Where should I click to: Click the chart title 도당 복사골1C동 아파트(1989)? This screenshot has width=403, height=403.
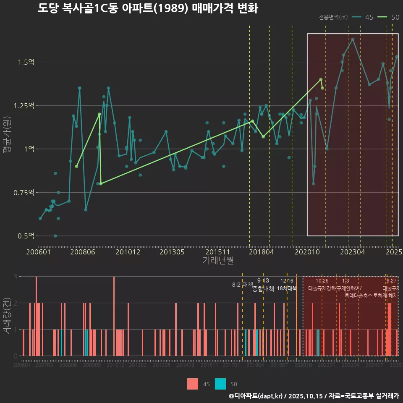(x=147, y=8)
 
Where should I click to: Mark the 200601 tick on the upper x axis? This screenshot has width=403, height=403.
(x=39, y=252)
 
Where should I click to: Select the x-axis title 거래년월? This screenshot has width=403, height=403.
(x=218, y=260)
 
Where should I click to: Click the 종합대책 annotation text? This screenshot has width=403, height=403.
(x=263, y=289)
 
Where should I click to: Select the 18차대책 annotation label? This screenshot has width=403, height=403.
(x=287, y=288)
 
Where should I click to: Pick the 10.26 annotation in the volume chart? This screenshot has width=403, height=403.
(x=322, y=281)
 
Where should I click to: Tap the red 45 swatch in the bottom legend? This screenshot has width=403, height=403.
(x=193, y=384)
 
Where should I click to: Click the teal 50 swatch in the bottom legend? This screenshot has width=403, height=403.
(x=220, y=384)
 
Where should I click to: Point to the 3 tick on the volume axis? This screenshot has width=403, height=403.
(x=15, y=277)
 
